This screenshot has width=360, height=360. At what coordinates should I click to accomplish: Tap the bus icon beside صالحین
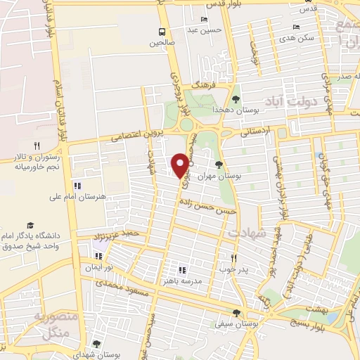[x=162, y=32]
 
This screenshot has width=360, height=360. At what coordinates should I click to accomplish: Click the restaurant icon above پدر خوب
[x=234, y=258]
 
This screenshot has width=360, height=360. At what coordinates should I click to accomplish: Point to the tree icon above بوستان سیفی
[x=237, y=314]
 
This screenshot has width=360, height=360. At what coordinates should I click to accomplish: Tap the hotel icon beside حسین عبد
[x=204, y=19]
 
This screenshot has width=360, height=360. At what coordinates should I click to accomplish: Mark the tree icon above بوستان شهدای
[x=96, y=344]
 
